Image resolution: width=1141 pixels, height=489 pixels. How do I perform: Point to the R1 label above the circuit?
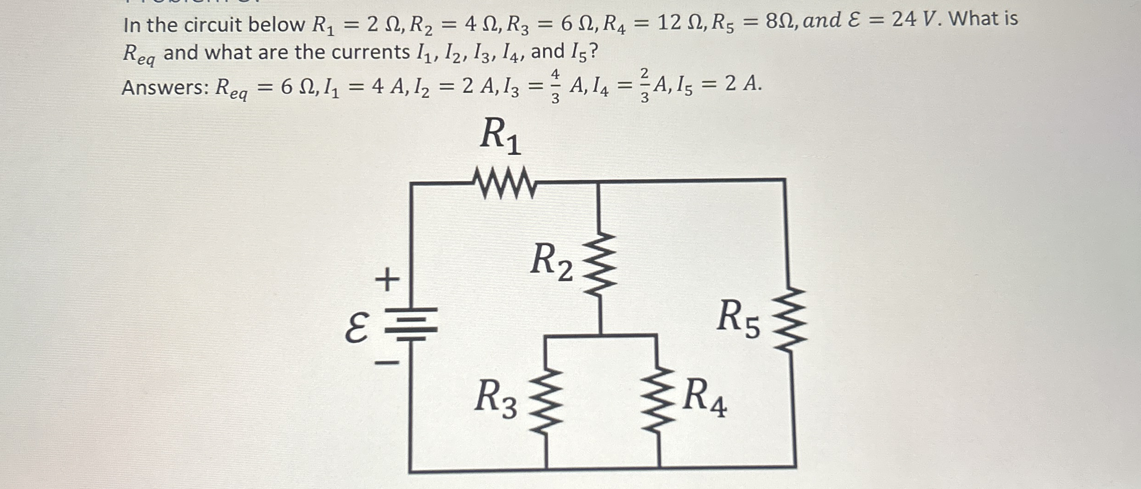point(500,137)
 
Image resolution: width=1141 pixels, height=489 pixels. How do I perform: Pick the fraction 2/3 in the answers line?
point(645,85)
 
